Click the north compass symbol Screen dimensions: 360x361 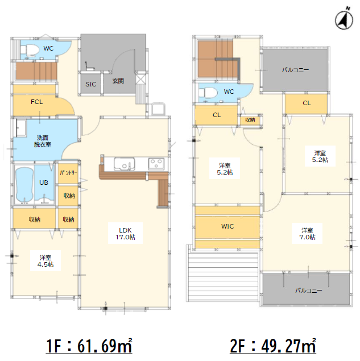pos(344,19)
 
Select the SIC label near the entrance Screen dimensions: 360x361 pos(91,84)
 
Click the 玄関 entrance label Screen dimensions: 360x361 pos(118,81)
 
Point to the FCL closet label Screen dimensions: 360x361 pos(36,102)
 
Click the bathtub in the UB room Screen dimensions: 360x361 pos(24,185)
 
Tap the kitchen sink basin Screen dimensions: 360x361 pos(124,164)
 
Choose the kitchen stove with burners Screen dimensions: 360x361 pos(156,164)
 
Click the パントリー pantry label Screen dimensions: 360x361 pos(68,173)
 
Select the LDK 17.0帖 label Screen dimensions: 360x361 pos(125,234)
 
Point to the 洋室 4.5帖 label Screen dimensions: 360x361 pos(45,261)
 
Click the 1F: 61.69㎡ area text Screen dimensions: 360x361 pos(89,346)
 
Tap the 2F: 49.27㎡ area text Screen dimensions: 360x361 pos(273,346)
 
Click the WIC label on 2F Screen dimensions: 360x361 pos(227,226)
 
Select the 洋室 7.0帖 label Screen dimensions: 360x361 pos(307,234)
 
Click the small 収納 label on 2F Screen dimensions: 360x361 pos(250,120)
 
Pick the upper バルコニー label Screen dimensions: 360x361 pos(296,70)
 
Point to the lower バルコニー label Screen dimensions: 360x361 pos(309,291)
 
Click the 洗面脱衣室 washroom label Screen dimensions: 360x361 pos(43,141)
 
